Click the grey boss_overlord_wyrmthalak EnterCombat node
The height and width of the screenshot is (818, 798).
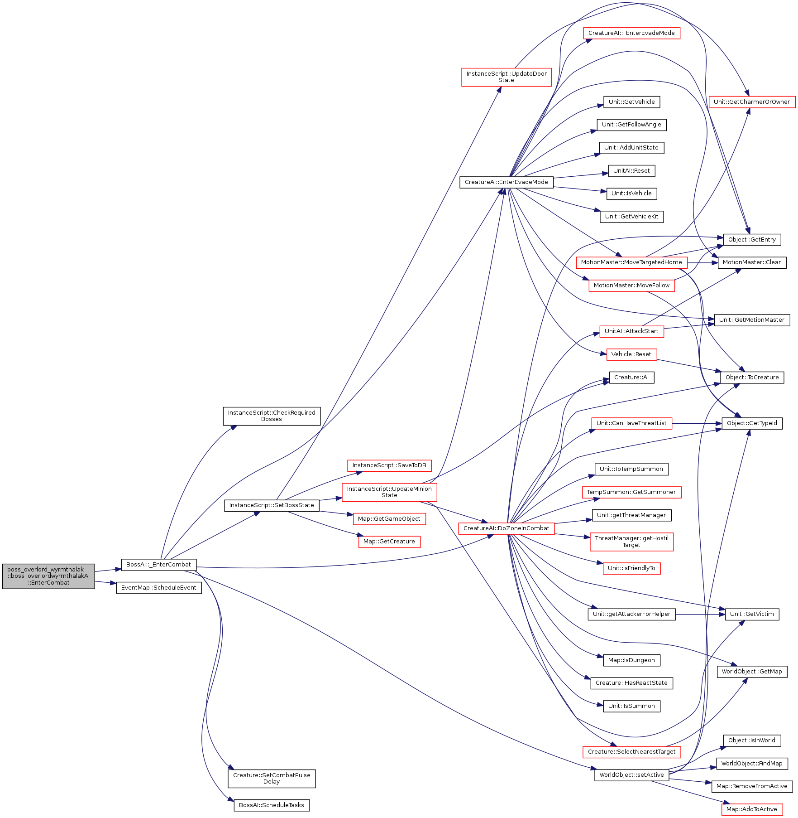click(48, 576)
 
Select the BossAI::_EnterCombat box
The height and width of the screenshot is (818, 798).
click(159, 565)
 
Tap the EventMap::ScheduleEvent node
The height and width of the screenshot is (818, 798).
click(159, 588)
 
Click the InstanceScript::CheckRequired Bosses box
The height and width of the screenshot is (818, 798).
click(272, 416)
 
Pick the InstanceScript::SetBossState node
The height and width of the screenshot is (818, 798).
click(272, 505)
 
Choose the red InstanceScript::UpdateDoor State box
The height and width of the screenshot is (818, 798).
click(507, 77)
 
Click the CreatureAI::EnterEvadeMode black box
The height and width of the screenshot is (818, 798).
click(507, 182)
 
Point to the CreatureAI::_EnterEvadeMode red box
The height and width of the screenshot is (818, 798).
click(631, 33)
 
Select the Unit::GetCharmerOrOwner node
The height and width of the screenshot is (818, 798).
click(752, 102)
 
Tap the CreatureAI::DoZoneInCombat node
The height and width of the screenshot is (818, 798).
click(507, 528)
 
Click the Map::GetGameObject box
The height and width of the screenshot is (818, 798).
click(389, 519)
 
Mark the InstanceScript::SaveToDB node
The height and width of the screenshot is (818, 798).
click(389, 465)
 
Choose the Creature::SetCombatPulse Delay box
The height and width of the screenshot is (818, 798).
click(272, 779)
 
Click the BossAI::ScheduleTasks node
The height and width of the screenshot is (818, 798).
click(272, 805)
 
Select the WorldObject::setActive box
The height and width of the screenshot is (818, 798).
click(631, 775)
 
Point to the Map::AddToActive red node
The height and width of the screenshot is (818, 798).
click(752, 809)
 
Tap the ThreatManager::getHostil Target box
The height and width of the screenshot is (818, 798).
click(631, 542)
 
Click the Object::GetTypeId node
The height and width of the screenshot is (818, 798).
click(752, 423)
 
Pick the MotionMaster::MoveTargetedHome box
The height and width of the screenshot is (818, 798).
click(631, 262)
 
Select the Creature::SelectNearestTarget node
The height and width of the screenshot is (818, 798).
click(631, 752)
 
